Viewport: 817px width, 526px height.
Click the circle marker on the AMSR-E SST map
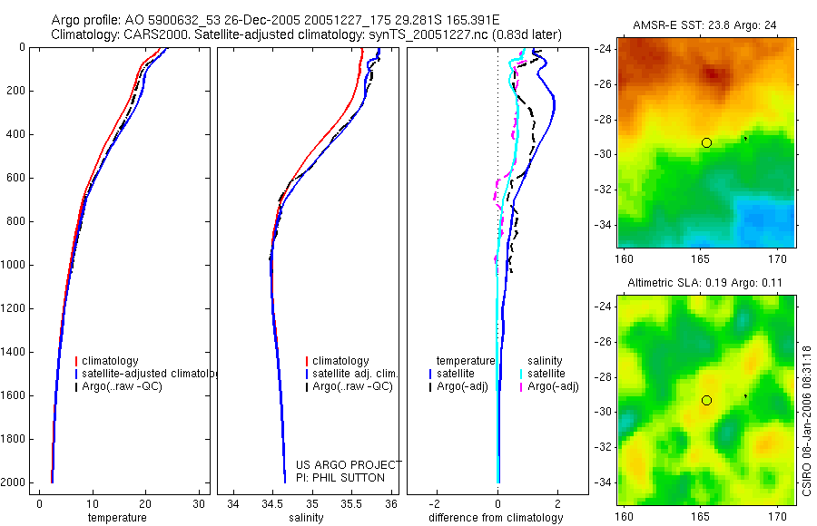coord(706,142)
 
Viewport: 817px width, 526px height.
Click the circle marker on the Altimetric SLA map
coord(706,400)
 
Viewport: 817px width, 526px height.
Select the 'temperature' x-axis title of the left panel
coord(116,518)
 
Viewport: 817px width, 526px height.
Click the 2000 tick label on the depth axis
coord(15,482)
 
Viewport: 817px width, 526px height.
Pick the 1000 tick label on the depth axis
coord(15,265)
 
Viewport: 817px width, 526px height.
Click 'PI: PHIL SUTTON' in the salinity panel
coord(340,478)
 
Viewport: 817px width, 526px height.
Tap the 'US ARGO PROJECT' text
coord(349,465)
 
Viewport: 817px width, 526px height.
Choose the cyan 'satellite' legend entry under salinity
coord(546,374)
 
